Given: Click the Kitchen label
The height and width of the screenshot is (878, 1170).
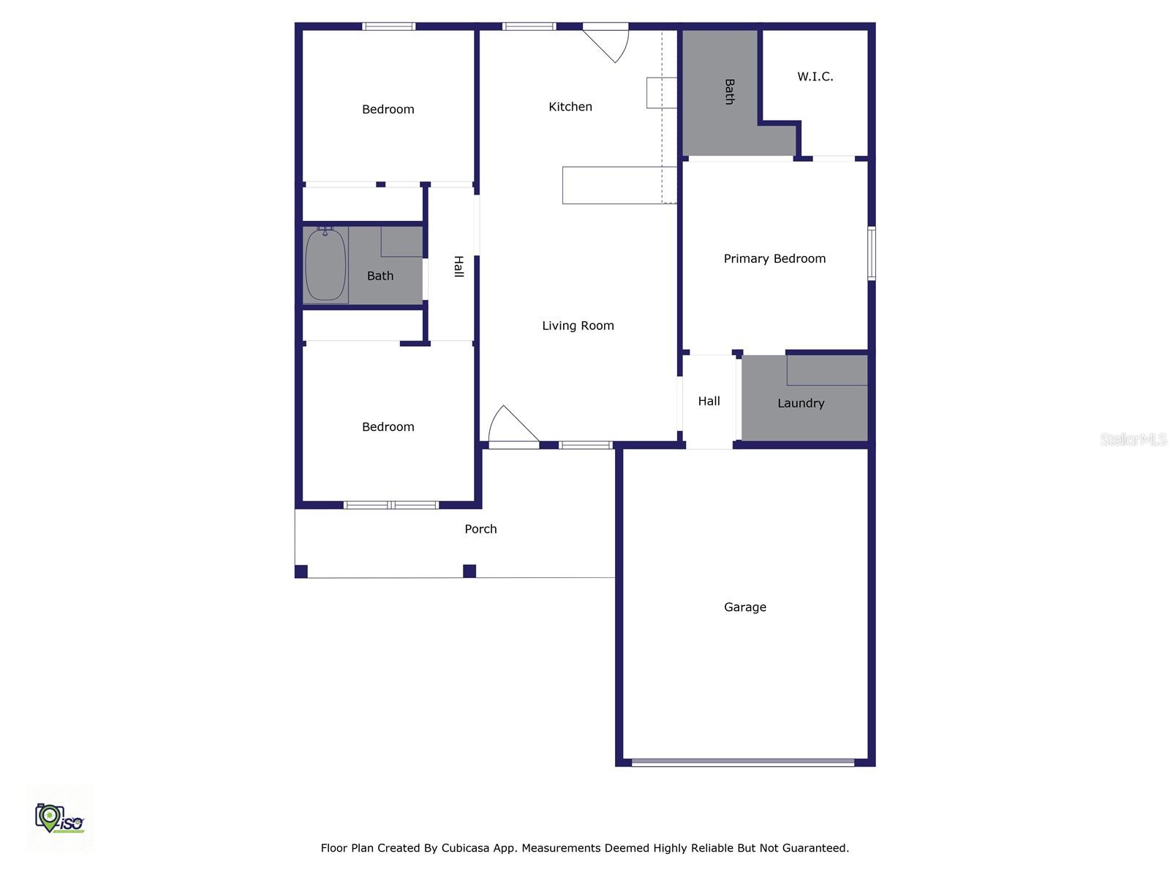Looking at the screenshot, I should tap(570, 107).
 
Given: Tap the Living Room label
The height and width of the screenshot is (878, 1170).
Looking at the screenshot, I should tap(578, 326).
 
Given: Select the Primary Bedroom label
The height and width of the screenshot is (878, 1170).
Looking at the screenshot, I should tap(774, 258).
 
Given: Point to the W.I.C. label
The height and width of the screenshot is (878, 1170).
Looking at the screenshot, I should tap(815, 76).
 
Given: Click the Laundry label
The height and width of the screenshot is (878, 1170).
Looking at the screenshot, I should tap(801, 403).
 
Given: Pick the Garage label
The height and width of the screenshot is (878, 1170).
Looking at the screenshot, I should tap(744, 607).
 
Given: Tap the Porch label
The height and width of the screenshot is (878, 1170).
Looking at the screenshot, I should tap(480, 529).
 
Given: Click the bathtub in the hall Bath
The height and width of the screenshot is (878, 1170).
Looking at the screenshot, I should tap(325, 264).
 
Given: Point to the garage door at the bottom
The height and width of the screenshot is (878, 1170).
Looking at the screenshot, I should tap(742, 762).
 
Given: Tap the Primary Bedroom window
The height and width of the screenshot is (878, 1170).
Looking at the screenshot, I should tap(872, 253).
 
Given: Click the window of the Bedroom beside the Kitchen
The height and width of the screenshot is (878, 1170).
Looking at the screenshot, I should tap(389, 26).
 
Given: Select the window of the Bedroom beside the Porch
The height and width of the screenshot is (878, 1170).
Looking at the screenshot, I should tap(391, 505).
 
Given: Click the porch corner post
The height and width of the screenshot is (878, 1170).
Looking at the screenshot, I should tap(469, 571).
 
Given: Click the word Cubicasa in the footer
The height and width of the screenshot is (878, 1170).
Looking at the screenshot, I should tap(467, 848).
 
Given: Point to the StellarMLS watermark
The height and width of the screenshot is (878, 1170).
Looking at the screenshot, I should tap(1133, 439).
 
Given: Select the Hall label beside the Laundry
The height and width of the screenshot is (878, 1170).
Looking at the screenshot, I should tap(709, 401).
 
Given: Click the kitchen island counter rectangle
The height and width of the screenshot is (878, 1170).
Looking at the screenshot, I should tap(619, 185).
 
